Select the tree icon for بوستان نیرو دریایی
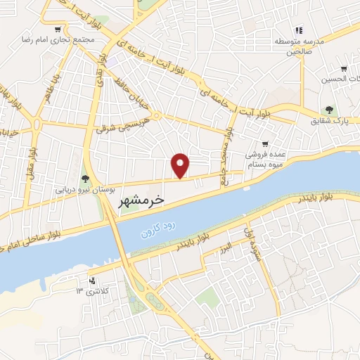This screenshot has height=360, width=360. click(x=85, y=179)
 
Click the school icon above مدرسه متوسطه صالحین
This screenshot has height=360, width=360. click(x=299, y=30)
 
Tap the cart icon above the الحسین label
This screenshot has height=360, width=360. click(x=343, y=69)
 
